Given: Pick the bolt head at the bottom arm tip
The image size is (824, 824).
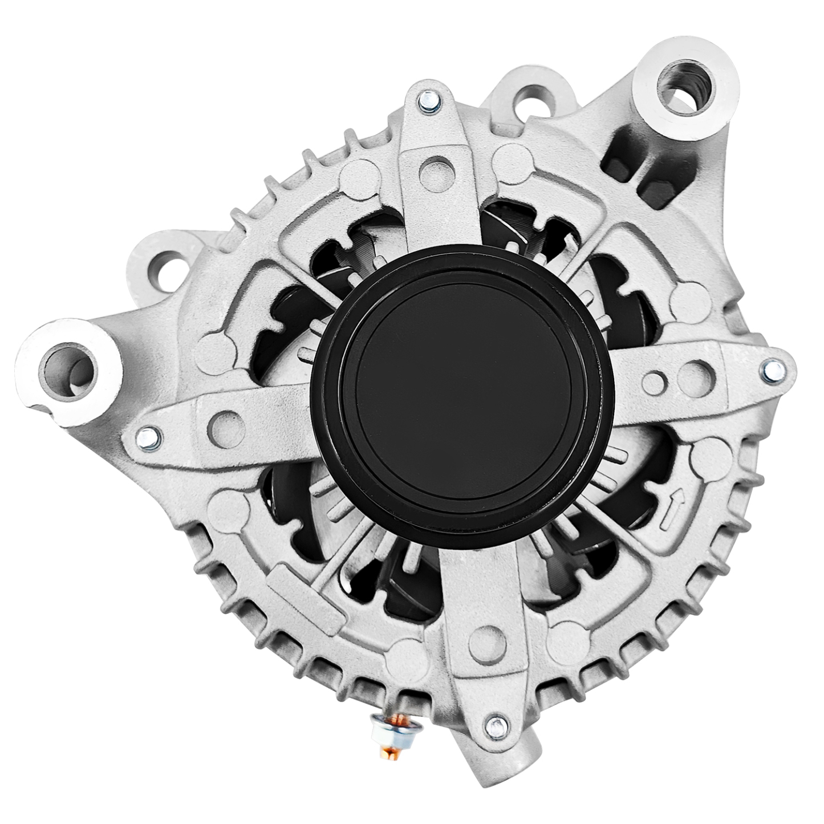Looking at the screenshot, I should coord(494,725).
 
